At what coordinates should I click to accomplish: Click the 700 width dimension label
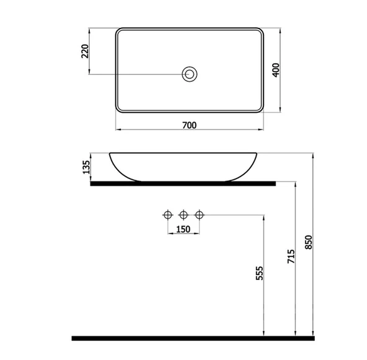(x=189, y=125)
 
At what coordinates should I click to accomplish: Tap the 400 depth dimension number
(x=276, y=70)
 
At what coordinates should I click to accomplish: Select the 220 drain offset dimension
(x=85, y=51)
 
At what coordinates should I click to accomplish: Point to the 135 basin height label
(x=86, y=167)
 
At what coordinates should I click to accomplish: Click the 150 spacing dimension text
(x=183, y=229)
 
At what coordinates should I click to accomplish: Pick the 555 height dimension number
(x=259, y=273)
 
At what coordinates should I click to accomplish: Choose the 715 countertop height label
(x=291, y=257)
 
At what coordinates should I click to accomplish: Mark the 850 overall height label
(x=309, y=242)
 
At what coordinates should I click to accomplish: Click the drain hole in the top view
(x=190, y=74)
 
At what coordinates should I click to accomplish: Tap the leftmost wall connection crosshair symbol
(x=168, y=215)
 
